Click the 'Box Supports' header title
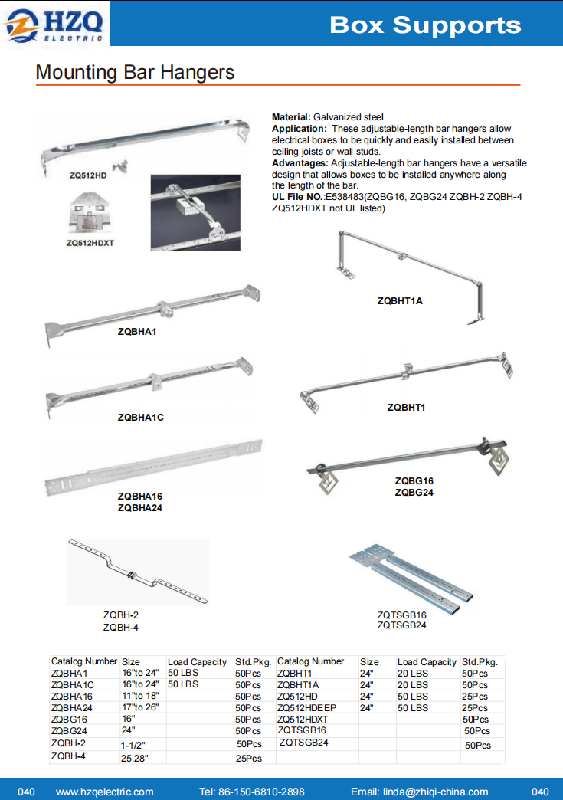point(425,25)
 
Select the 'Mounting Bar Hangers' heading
point(135,73)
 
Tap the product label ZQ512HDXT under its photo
point(95,244)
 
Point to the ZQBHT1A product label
point(400,301)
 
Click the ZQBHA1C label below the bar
point(140,418)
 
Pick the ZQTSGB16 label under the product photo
point(401,615)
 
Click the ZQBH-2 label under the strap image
point(121,615)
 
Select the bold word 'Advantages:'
point(300,163)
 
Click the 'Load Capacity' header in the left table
point(197,662)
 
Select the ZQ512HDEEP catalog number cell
point(306,708)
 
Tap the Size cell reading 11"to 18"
point(139,697)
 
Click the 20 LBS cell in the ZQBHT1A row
point(413,685)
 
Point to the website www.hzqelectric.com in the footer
point(105,792)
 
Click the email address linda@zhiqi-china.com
point(419,792)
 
